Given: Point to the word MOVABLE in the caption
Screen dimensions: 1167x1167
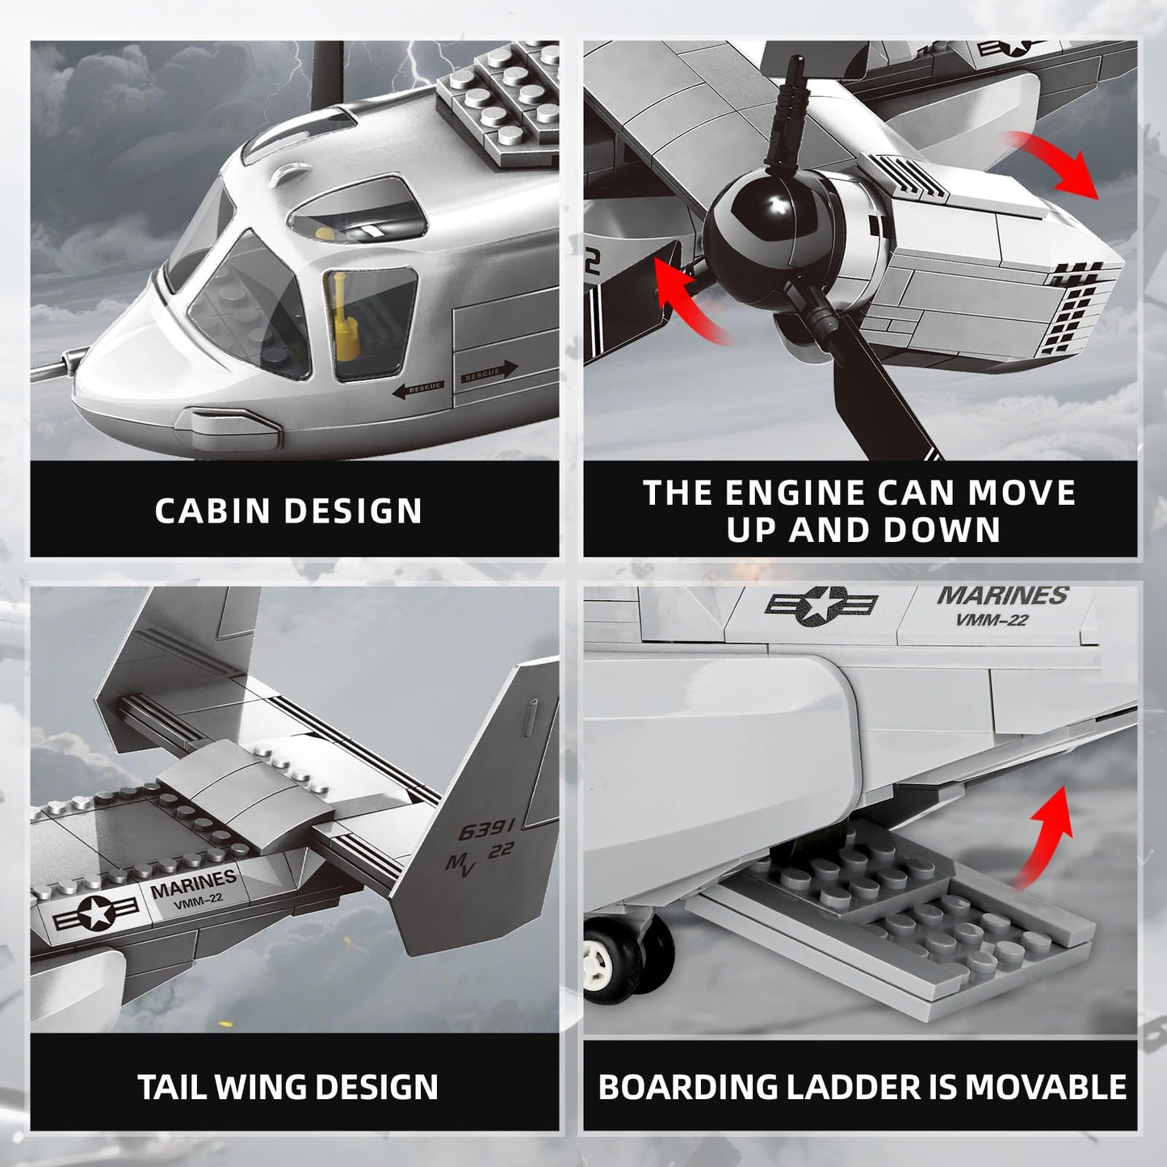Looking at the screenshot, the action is [x=1046, y=1087].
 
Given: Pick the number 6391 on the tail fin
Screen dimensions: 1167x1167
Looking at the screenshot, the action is [x=486, y=829].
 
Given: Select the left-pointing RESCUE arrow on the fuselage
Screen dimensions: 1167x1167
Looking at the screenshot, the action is [x=418, y=388].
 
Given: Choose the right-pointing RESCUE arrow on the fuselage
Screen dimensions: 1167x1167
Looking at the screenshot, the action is [x=489, y=372].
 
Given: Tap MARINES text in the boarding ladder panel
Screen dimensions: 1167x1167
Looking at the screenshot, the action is [x=1002, y=596].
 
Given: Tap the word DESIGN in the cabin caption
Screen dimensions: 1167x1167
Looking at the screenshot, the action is [x=353, y=510].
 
